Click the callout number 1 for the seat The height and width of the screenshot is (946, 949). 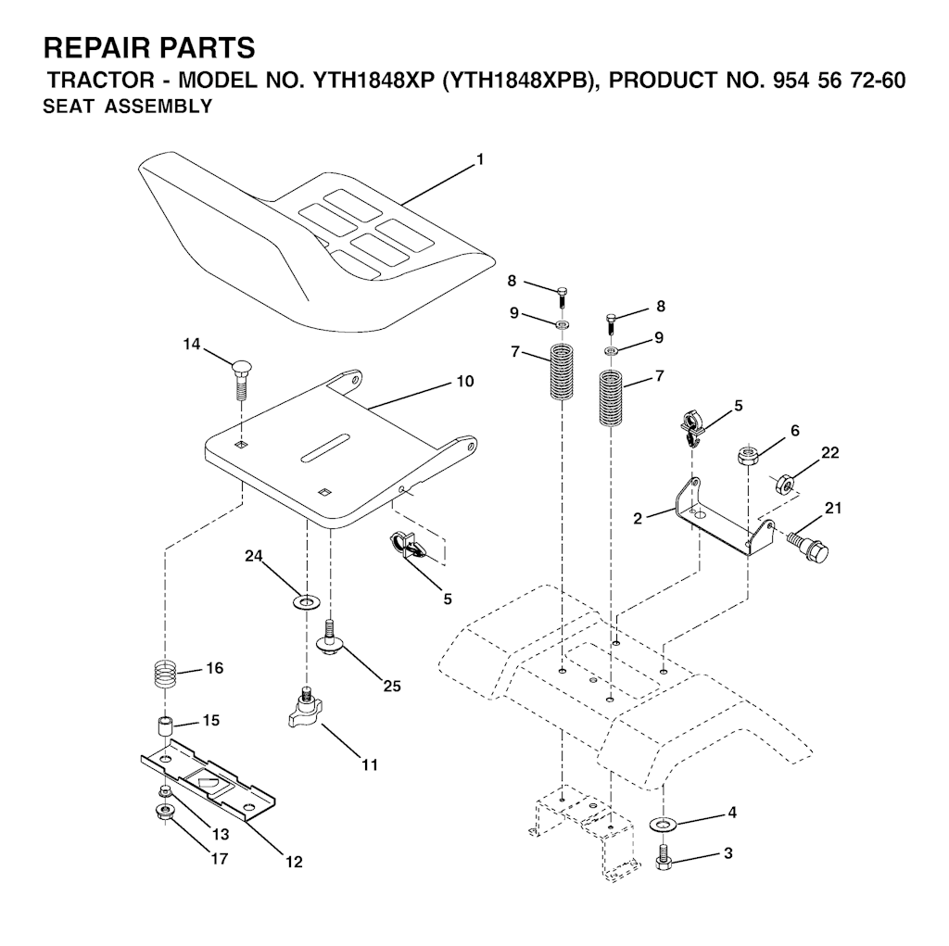coord(480,159)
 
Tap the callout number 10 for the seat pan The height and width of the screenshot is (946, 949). coord(465,382)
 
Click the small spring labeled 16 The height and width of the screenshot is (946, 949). coord(165,674)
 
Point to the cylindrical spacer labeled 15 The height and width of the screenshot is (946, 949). coord(165,726)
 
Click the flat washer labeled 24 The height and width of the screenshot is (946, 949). coord(306,602)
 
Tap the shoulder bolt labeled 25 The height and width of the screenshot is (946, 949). coord(330,637)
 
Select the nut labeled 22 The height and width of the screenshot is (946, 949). coord(784,485)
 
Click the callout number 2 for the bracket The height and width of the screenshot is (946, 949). coord(637,519)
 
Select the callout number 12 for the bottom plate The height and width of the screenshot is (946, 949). coord(294,862)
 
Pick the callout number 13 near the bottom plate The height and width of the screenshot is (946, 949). coord(221,834)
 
